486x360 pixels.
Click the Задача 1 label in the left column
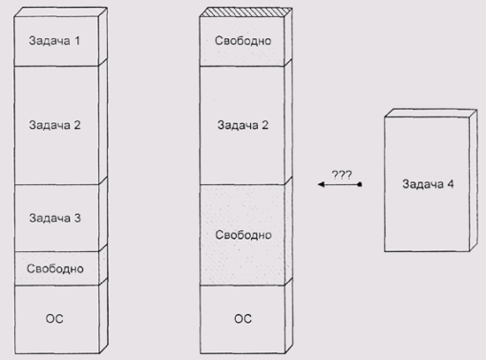(54, 41)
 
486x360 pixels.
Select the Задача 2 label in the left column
(55, 125)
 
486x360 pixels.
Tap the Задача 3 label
(55, 218)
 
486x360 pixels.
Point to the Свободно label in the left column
(55, 268)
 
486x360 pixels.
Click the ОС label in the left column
(55, 318)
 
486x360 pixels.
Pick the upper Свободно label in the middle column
(243, 41)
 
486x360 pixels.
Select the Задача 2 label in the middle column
(243, 125)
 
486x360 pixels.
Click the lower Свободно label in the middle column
(243, 235)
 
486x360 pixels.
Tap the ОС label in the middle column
(243, 318)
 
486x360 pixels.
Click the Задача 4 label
(428, 184)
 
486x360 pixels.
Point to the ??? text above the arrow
(342, 175)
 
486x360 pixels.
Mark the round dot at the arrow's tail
(360, 184)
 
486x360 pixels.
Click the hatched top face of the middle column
(246, 12)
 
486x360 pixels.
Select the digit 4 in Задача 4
(451, 184)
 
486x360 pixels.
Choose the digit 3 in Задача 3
(77, 218)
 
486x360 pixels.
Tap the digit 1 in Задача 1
(77, 41)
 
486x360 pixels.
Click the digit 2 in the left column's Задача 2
(77, 125)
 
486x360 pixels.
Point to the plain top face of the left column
(61, 12)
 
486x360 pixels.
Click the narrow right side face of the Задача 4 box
(474, 180)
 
